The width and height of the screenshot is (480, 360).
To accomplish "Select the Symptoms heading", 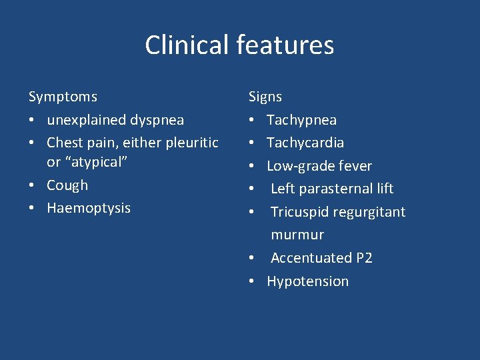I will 63,97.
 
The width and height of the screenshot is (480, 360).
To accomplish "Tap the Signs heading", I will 265,97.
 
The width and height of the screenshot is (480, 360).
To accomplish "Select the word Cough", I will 67,185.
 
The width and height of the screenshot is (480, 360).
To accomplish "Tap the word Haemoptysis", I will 89,208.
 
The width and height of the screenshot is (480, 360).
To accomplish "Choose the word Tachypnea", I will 301,120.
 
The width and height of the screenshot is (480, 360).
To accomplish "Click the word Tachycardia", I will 305,143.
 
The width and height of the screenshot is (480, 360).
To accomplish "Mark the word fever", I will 355,166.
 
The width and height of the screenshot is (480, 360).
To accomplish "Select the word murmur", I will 297,235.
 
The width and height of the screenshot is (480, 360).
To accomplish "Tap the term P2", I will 364,258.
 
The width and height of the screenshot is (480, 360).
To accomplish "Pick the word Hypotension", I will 307,281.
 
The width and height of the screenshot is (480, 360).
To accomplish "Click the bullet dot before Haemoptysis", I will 32,209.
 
